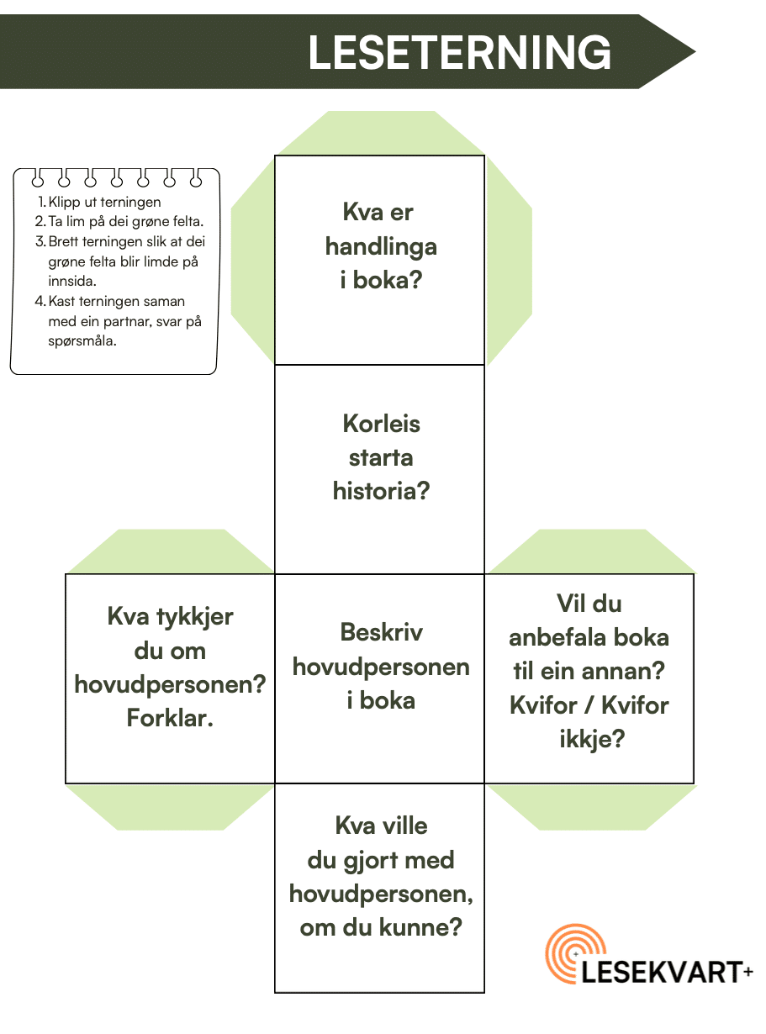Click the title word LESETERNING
tap(459, 52)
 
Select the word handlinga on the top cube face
tap(381, 247)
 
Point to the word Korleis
tap(381, 424)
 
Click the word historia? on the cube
tap(381, 491)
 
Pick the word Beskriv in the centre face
tap(381, 633)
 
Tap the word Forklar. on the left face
tap(170, 718)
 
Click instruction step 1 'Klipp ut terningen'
tap(99, 202)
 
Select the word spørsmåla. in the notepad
tap(82, 341)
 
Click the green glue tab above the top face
tap(381, 133)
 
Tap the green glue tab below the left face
tap(170, 807)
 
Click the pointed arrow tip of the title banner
tap(695, 52)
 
